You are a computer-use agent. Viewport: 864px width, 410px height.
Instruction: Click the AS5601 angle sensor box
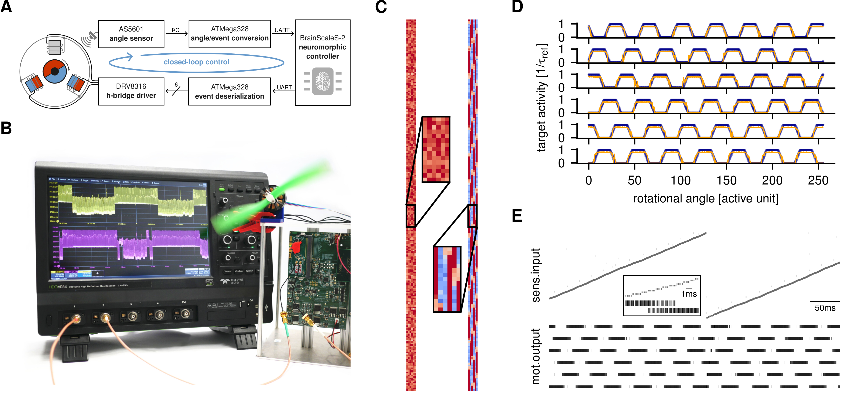click(x=131, y=34)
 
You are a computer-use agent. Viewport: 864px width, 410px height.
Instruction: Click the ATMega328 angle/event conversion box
click(x=230, y=34)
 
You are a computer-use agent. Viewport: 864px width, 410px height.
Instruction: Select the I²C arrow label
click(x=175, y=30)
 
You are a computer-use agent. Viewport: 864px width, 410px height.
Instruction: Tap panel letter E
click(x=517, y=216)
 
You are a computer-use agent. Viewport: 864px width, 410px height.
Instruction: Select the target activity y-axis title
click(x=542, y=97)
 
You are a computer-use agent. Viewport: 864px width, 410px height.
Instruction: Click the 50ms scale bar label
click(x=825, y=308)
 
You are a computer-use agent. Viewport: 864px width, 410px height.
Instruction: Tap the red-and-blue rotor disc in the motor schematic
click(x=55, y=71)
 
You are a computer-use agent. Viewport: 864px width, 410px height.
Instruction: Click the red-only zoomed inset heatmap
click(x=436, y=149)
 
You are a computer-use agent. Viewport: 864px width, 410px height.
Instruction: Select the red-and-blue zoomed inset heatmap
click(x=447, y=279)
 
